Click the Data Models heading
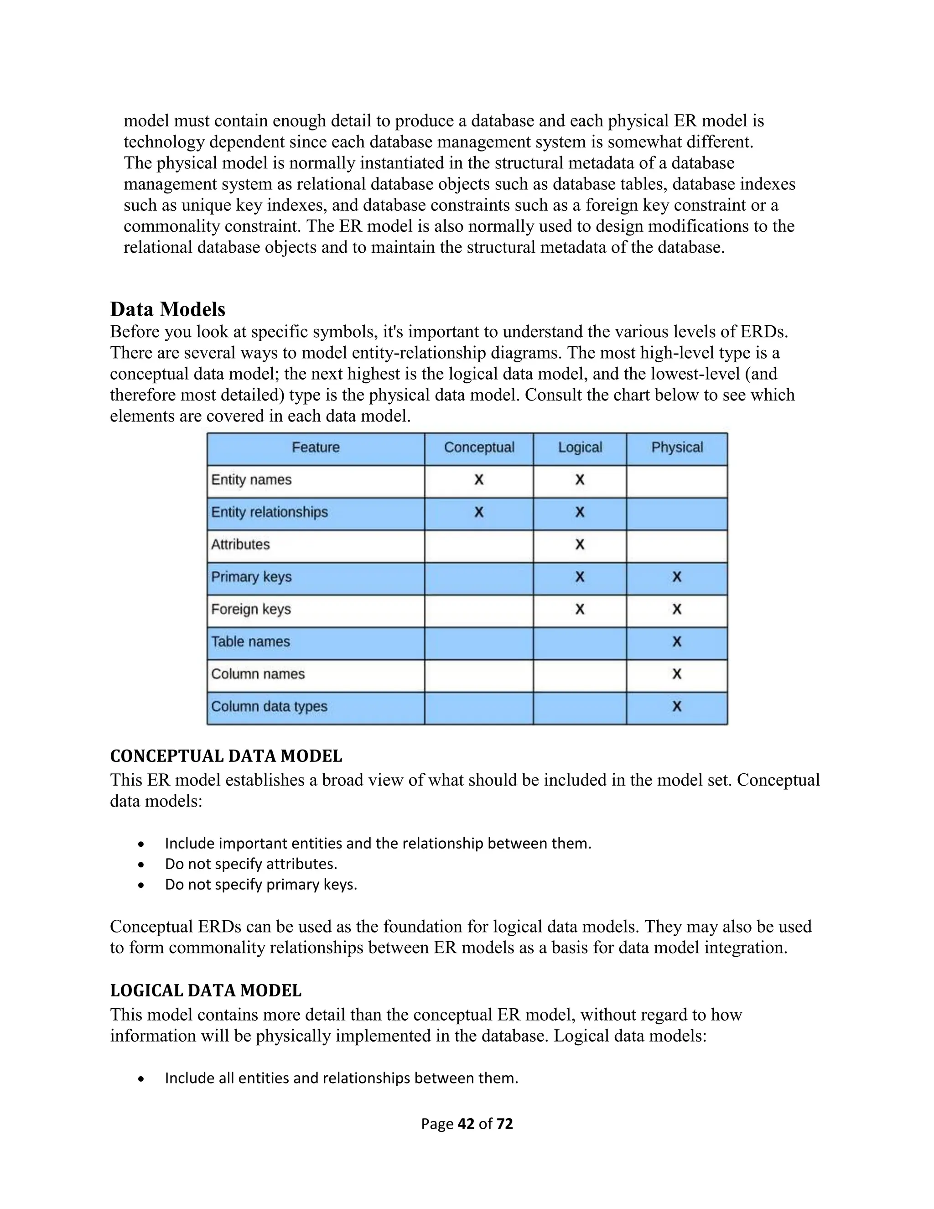point(168,309)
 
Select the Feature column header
point(316,447)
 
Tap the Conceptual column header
point(478,447)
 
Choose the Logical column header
point(579,447)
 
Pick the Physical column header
point(677,447)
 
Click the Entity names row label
point(251,479)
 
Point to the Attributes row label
point(240,544)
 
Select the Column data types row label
point(269,706)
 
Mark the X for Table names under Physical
point(677,641)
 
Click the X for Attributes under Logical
point(579,545)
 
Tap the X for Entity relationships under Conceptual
point(478,512)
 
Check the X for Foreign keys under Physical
point(677,610)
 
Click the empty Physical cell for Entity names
point(677,480)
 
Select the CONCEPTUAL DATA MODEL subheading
point(226,756)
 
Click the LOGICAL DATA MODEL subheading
point(205,991)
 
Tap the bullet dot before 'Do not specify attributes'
point(142,865)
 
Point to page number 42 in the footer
point(467,1124)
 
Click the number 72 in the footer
point(505,1124)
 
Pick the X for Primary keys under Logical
point(579,577)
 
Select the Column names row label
point(258,674)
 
